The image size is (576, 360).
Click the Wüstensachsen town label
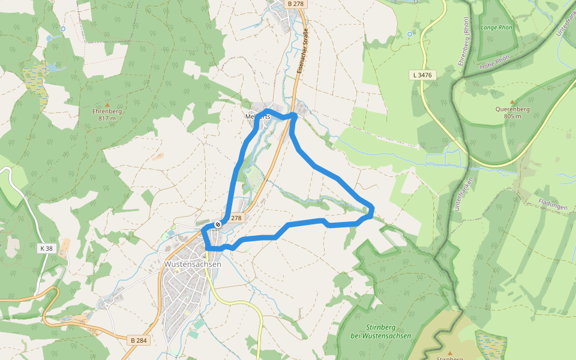[193, 264]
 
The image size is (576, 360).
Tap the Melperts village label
[258, 116]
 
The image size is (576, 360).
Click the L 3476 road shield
[422, 75]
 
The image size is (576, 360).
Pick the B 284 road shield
[139, 340]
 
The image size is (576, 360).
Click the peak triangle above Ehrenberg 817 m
[107, 104]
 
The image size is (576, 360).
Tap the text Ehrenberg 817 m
[107, 115]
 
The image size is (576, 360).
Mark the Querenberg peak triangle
[512, 102]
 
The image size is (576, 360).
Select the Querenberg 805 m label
[512, 112]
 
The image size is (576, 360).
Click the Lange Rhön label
[496, 28]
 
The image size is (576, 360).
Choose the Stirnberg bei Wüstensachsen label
[381, 332]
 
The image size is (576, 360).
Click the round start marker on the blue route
[218, 224]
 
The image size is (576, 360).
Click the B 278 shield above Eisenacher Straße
[296, 4]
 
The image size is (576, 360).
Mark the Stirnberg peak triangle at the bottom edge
[449, 352]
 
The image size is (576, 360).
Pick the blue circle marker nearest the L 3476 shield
[410, 34]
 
